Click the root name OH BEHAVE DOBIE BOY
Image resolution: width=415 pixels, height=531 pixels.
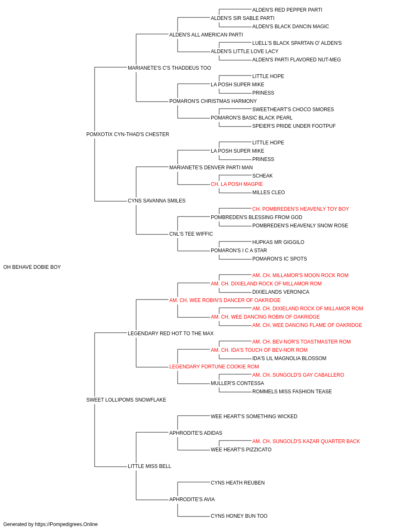tap(32, 267)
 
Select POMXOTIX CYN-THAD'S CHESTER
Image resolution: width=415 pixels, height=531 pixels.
tap(127, 134)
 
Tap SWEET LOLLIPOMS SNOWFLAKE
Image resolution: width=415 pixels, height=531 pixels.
tap(126, 400)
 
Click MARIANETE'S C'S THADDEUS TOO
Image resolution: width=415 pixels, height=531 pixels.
tap(169, 68)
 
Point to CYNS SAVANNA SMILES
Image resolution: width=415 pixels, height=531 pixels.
tap(157, 201)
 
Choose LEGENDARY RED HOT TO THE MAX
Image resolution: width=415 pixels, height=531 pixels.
tap(171, 333)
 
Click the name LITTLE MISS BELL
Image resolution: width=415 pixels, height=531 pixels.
tap(149, 466)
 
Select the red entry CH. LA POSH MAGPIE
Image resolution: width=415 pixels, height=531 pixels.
tap(237, 184)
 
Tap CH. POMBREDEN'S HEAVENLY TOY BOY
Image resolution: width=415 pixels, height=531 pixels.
tap(300, 209)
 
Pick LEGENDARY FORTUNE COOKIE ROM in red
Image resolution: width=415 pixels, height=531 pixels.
tap(214, 367)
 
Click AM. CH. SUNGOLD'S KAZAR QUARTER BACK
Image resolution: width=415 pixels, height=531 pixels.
tap(306, 441)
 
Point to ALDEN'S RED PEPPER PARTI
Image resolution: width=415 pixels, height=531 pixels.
tap(287, 10)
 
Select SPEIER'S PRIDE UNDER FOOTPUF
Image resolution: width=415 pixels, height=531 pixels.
tap(294, 126)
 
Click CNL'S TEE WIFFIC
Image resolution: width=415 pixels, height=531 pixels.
tap(191, 234)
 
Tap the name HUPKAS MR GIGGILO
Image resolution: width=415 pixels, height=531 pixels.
tap(278, 242)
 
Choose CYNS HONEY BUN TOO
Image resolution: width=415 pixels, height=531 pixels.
tap(239, 516)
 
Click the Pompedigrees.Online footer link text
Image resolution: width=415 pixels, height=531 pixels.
tap(66, 524)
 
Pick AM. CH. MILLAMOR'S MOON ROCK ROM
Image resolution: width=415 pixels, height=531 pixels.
tap(300, 275)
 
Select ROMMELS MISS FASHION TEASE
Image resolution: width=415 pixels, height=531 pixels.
tap(292, 392)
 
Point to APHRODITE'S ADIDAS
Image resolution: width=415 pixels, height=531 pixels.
tap(196, 433)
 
